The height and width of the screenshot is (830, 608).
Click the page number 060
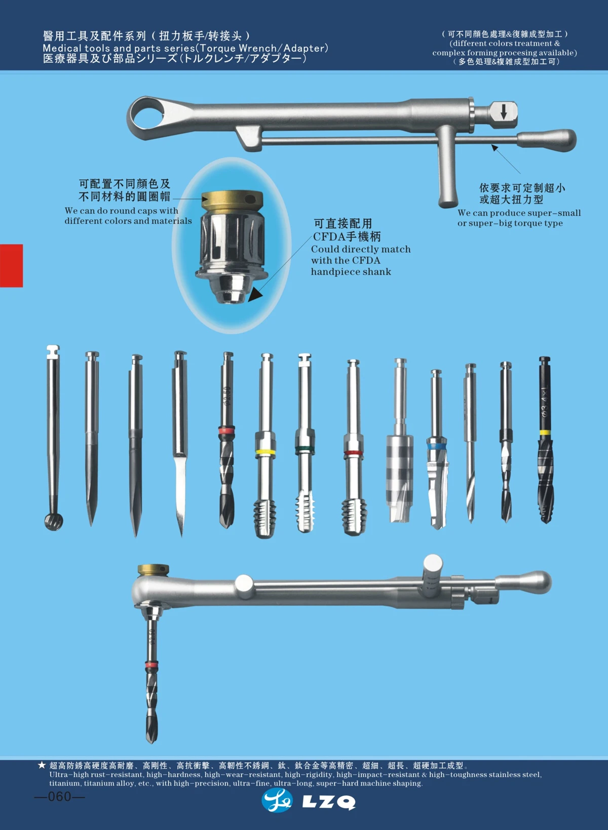[x=60, y=797]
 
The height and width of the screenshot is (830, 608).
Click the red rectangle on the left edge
[x=11, y=265]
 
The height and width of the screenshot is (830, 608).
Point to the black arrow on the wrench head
[x=504, y=112]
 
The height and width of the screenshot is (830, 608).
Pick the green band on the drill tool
[x=305, y=449]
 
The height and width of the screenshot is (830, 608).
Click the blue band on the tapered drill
[x=436, y=447]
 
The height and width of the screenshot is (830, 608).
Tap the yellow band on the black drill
[x=545, y=432]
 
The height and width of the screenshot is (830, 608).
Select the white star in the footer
[x=42, y=765]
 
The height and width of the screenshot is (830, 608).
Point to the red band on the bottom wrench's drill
[x=151, y=664]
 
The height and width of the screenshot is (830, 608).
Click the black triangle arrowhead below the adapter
[x=255, y=294]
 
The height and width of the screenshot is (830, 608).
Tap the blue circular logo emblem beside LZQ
[x=277, y=801]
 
